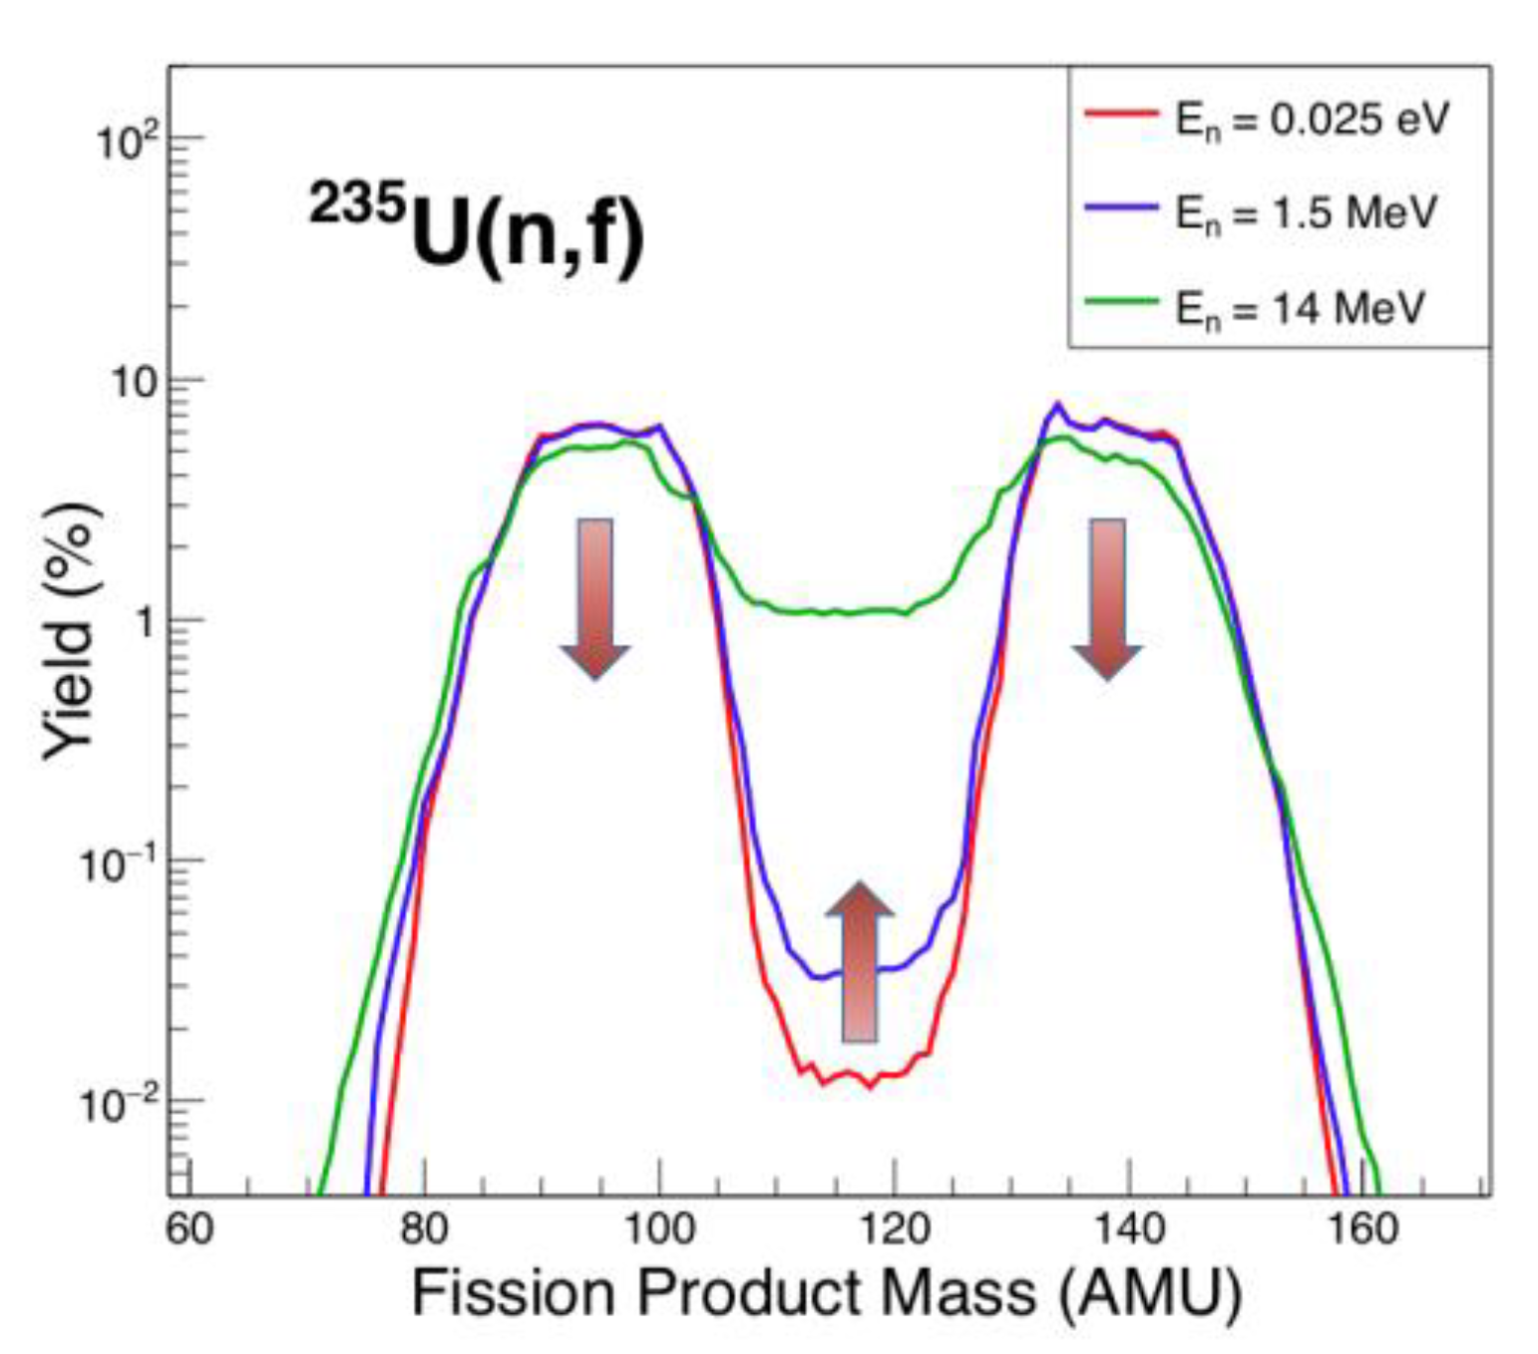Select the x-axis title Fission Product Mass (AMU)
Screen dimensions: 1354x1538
pyautogui.click(x=826, y=1292)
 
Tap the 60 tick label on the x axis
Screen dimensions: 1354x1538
pyautogui.click(x=190, y=1228)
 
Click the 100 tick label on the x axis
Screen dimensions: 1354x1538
pyautogui.click(x=658, y=1228)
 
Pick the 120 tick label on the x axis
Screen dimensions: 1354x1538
pyautogui.click(x=894, y=1228)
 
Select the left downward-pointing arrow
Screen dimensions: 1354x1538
pyautogui.click(x=595, y=598)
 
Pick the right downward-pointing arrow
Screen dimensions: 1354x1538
pyautogui.click(x=1107, y=598)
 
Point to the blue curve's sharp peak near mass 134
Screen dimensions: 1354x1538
pyautogui.click(x=1057, y=404)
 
